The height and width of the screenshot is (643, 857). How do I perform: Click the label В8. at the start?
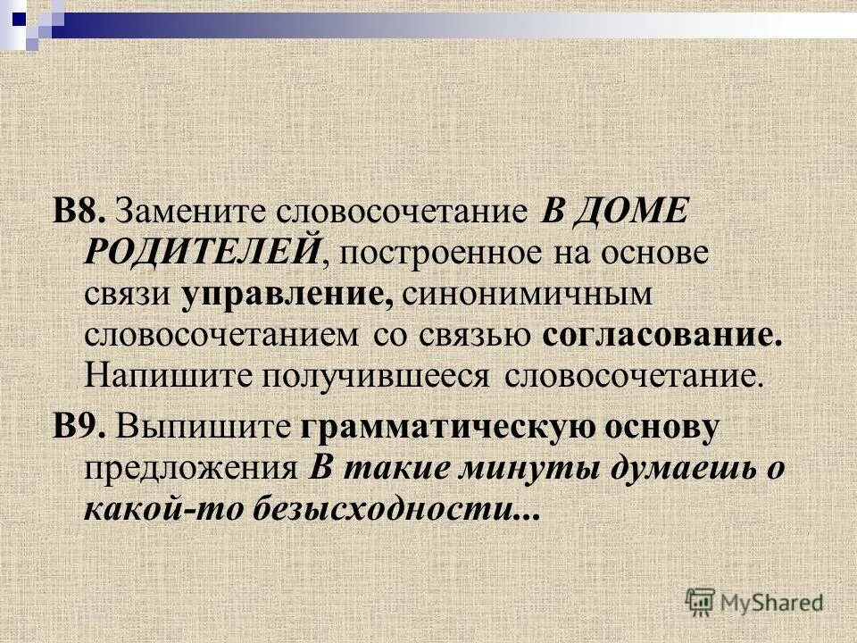click(x=80, y=213)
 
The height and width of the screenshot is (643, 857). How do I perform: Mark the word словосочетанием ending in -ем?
click(x=223, y=334)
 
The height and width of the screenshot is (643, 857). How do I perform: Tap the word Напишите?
click(x=166, y=374)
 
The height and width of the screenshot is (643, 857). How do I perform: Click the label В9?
click(x=80, y=427)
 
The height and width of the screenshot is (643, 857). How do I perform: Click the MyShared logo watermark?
click(x=754, y=601)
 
